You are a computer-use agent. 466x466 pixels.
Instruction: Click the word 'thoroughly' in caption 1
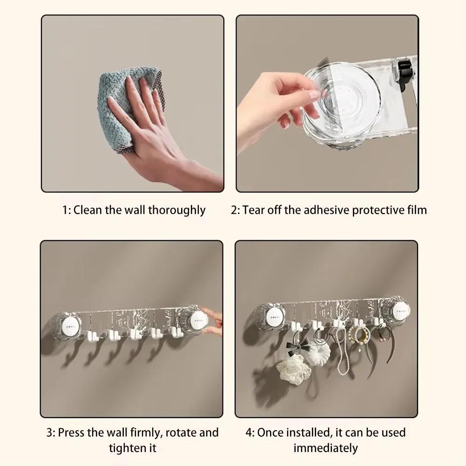(x=177, y=210)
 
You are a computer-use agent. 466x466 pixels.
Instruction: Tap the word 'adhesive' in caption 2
(x=327, y=210)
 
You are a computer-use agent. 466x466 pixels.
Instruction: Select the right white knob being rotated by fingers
(x=198, y=320)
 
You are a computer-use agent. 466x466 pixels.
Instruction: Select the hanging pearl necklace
(x=341, y=351)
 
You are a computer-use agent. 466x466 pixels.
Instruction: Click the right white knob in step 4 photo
(x=400, y=311)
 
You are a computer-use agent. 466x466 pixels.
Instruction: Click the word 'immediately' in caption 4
(x=325, y=448)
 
